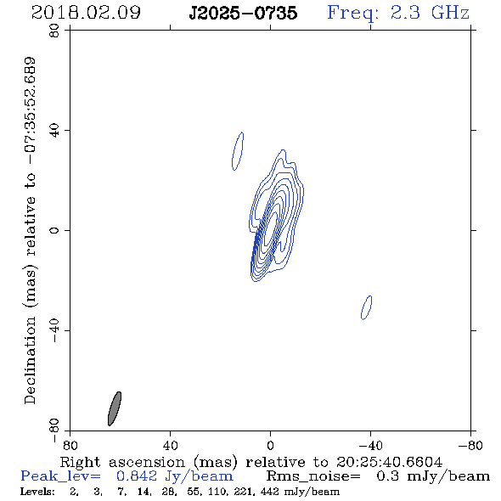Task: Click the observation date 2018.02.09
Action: [x=86, y=13]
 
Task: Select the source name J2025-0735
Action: [x=243, y=13]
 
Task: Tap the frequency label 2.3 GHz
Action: [x=430, y=13]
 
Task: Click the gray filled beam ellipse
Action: [x=115, y=408]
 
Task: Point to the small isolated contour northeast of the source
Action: [x=238, y=151]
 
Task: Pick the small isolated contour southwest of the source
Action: [x=367, y=307]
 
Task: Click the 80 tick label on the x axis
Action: [x=70, y=445]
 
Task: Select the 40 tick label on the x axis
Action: [x=170, y=445]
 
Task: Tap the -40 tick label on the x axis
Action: [x=370, y=445]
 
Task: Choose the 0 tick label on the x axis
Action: [x=270, y=445]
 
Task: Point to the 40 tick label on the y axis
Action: [x=54, y=131]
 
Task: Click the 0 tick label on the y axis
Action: [x=54, y=230]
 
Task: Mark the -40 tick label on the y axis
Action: [x=54, y=330]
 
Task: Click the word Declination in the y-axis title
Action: [x=30, y=360]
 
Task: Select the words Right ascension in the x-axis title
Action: [x=122, y=462]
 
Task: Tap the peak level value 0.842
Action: [x=137, y=476]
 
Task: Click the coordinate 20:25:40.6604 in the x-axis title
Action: [x=389, y=462]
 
